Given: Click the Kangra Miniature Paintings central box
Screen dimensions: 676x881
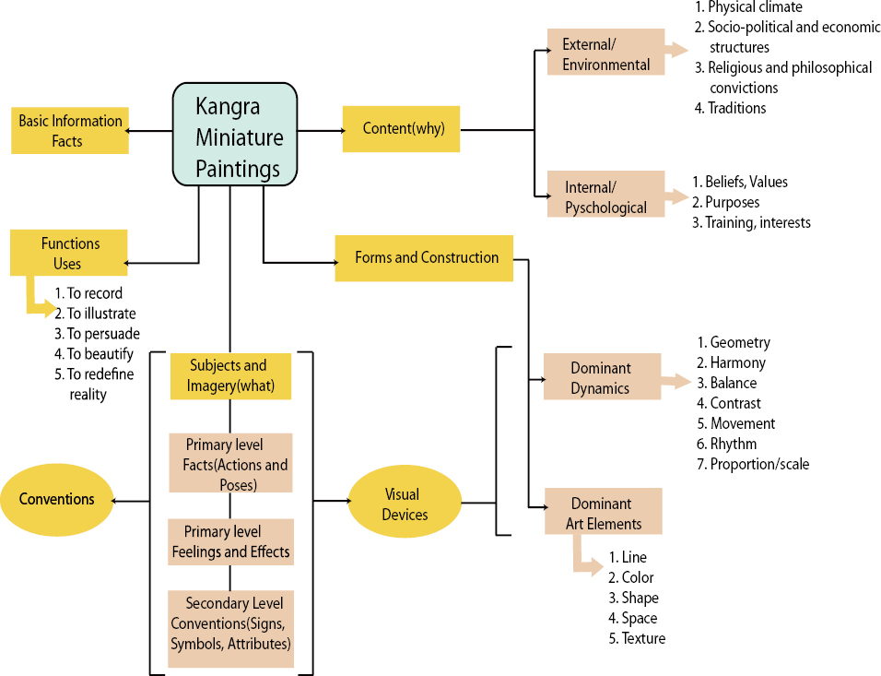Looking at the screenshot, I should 235,134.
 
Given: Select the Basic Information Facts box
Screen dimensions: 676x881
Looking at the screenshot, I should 70,131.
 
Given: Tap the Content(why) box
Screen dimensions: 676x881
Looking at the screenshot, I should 402,128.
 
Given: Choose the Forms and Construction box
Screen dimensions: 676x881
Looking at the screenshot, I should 426,258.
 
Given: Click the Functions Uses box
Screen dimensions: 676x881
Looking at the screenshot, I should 69,253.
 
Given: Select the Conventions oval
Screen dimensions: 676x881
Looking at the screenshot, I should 57,499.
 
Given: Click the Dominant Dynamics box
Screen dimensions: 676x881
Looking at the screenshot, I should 600,377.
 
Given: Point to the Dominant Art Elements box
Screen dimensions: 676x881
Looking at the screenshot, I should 603,513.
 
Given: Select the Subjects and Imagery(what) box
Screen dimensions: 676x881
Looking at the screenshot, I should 230,374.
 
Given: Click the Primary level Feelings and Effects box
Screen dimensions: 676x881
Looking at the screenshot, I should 230,542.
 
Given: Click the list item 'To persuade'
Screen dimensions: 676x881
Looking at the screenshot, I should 103,334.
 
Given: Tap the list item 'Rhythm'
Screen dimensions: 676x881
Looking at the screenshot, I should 734,444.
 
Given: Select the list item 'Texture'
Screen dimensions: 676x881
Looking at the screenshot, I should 642,638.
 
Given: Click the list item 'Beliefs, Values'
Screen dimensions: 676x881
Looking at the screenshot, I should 746,182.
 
